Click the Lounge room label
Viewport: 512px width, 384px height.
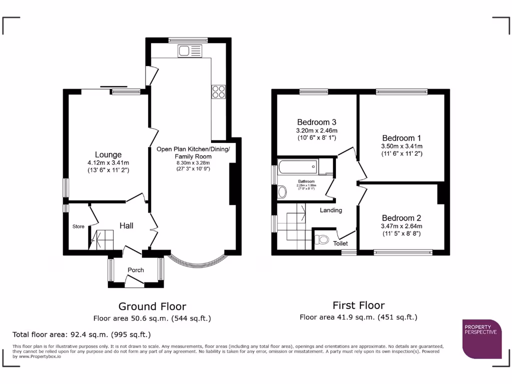click(x=108, y=154)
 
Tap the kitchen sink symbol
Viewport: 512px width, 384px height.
click(x=189, y=51)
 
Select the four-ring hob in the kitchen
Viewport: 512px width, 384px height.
click(x=219, y=91)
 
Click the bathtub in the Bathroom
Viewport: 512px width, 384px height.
click(x=297, y=166)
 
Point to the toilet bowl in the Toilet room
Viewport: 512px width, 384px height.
click(x=322, y=240)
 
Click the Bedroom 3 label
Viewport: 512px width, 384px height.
click(x=316, y=122)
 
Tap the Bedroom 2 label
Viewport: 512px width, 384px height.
click(x=401, y=218)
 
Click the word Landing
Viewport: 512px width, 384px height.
click(x=330, y=210)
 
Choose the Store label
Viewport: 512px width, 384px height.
click(x=78, y=226)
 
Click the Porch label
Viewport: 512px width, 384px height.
click(x=135, y=270)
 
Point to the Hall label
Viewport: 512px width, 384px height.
click(x=126, y=226)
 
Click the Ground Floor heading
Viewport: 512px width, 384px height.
click(x=152, y=306)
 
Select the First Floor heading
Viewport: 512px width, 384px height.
click(x=358, y=305)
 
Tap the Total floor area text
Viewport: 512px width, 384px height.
click(x=81, y=334)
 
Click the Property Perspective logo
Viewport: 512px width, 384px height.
click(x=481, y=338)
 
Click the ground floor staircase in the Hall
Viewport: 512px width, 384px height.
click(x=101, y=239)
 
